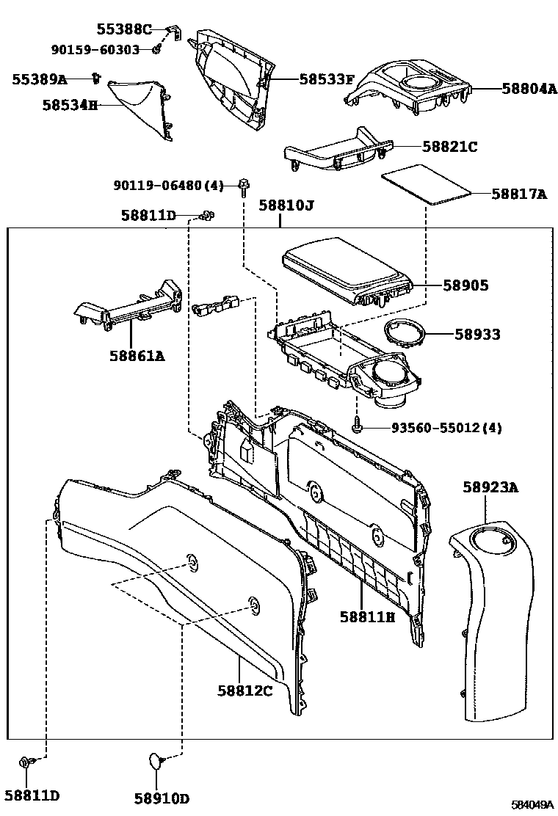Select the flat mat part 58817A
coord(425,186)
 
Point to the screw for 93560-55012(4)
coord(357,425)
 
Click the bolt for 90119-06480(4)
coord(242,186)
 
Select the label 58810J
coord(286,206)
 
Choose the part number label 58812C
coord(244,690)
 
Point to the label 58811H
coord(366,617)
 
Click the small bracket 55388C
coord(175,32)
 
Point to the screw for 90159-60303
coord(156,49)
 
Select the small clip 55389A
coord(95,76)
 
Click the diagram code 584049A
coord(532,805)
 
